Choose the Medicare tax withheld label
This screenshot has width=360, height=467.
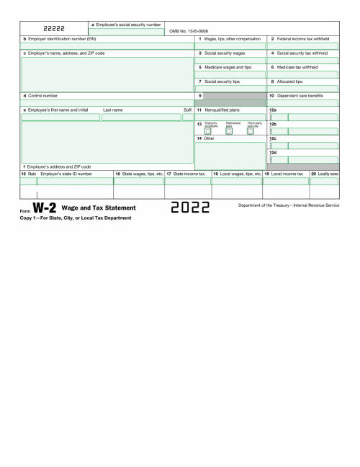click(302, 67)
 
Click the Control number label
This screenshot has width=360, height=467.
click(42, 95)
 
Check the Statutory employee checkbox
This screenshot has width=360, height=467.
click(208, 131)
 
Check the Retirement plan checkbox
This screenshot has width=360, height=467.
click(230, 131)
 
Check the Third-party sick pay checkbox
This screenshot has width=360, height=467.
click(251, 131)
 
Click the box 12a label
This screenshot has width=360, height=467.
click(273, 110)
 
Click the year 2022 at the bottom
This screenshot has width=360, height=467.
click(189, 208)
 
